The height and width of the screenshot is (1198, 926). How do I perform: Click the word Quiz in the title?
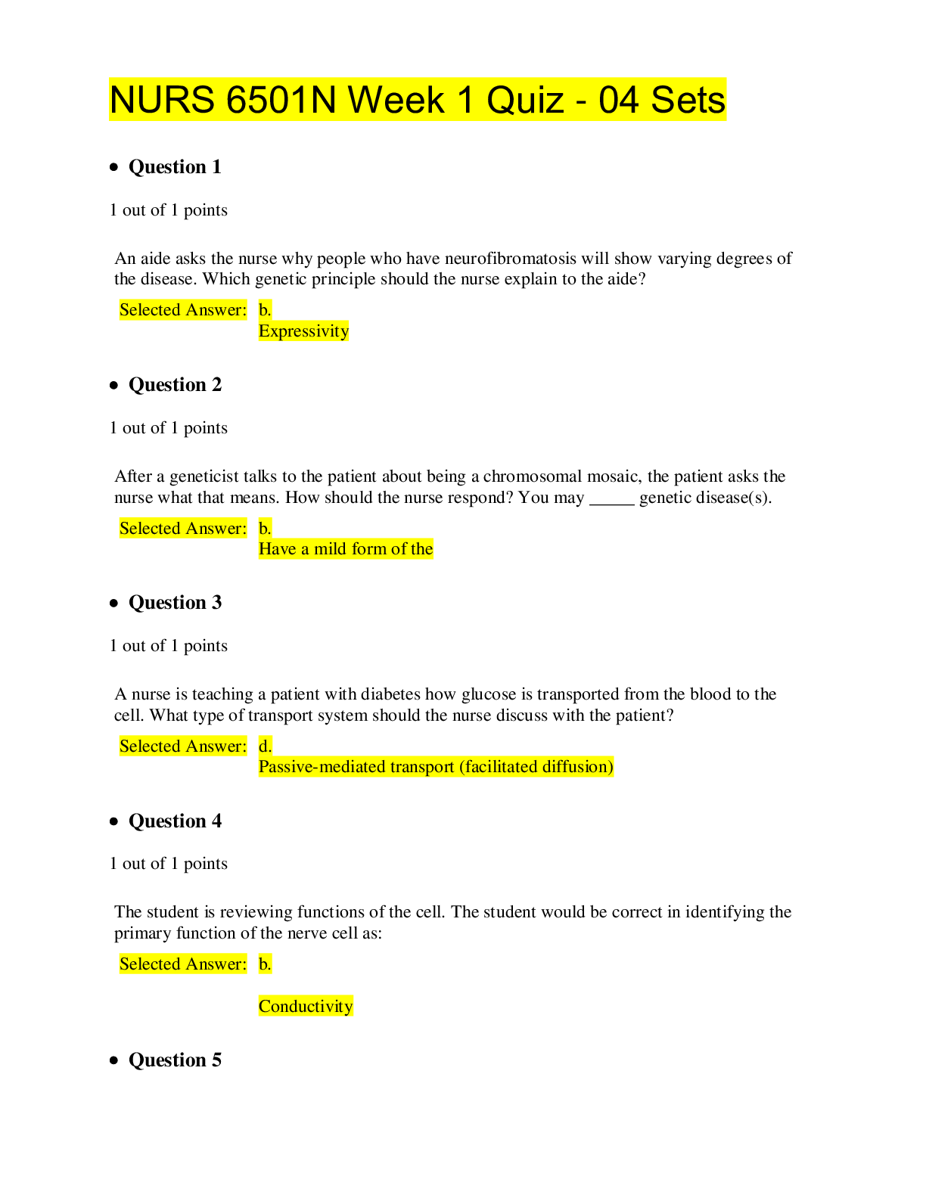point(524,100)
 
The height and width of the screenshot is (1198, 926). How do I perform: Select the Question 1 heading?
point(175,166)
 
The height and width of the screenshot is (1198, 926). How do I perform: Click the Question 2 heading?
point(175,384)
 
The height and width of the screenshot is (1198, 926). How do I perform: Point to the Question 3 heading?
point(175,602)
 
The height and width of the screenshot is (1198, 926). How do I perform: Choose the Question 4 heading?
point(175,821)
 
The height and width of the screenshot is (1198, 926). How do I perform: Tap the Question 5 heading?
point(175,1060)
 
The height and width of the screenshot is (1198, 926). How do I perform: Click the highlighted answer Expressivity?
point(303,331)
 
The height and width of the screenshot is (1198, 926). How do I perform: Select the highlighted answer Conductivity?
point(306,1006)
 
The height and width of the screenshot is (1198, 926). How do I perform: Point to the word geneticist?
point(204,476)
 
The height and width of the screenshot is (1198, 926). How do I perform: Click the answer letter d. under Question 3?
point(265,746)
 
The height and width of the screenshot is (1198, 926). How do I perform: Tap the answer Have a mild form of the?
point(346,548)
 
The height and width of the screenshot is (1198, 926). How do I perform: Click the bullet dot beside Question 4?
point(114,821)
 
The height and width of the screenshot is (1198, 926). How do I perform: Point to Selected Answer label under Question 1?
point(183,309)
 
